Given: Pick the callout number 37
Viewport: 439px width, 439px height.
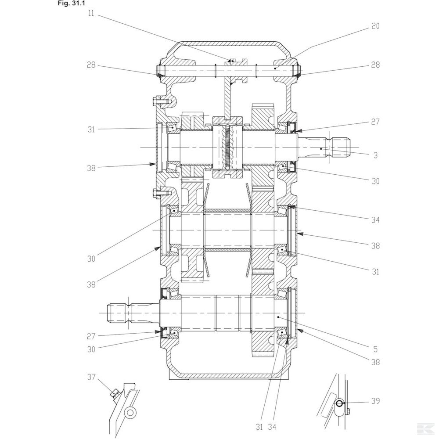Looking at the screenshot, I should (91, 377).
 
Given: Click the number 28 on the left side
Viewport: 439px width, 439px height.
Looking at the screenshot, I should (91, 65).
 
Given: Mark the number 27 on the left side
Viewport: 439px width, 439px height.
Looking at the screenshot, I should (91, 336).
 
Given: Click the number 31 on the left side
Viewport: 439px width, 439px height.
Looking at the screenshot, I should (91, 129).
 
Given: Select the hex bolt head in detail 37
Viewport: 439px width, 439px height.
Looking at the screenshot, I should (115, 393).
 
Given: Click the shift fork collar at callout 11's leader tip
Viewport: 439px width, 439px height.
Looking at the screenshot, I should (233, 61).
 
